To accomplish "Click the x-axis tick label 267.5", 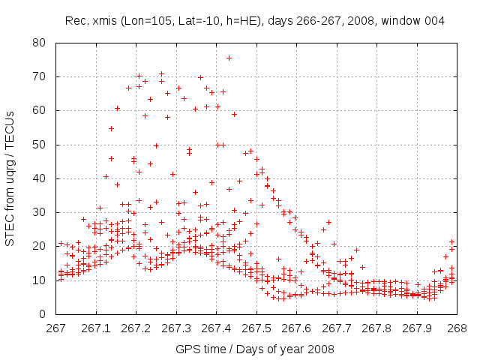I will pos(256,327).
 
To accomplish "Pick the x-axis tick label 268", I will pos(457,327).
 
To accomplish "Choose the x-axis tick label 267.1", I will pos(96,327).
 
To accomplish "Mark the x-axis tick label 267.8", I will pos(376,327).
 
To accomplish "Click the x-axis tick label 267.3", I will pos(176,327).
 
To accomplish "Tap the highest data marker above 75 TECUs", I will pos(229,58).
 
